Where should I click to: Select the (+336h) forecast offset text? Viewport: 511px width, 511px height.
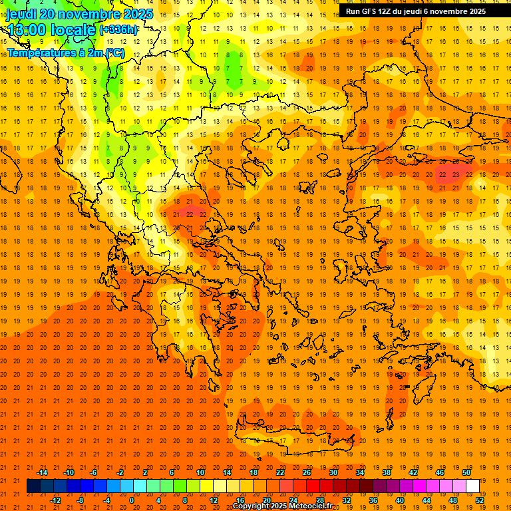tap(118, 30)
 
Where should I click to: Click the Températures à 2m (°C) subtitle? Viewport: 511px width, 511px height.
tap(65, 53)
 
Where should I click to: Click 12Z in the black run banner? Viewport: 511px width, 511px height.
tap(394, 11)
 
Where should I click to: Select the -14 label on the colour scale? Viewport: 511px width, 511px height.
tap(42, 472)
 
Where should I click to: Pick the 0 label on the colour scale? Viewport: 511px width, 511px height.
tap(131, 500)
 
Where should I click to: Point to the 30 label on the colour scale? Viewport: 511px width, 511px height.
tap(333, 472)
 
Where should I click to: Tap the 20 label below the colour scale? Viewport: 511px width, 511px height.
tap(267, 500)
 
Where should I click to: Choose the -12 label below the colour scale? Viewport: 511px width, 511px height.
tap(55, 500)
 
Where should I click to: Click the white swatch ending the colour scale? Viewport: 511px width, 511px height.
tap(473, 486)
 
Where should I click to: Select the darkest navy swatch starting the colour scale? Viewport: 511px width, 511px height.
tap(34, 486)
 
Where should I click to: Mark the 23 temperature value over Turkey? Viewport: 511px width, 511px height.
tap(455, 174)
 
